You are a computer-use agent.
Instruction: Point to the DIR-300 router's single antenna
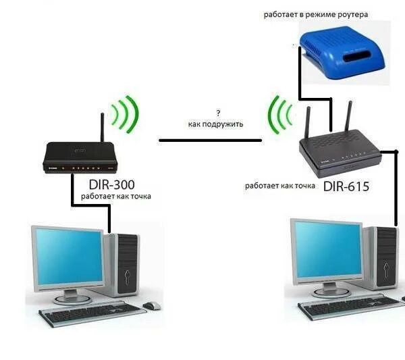point(101,127)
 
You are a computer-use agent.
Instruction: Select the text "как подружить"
point(215,124)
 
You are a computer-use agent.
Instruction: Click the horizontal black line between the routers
point(210,140)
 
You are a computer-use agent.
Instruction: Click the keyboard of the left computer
point(91,313)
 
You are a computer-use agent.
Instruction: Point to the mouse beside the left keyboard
point(151,305)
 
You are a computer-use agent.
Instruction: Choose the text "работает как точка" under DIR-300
point(116,197)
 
